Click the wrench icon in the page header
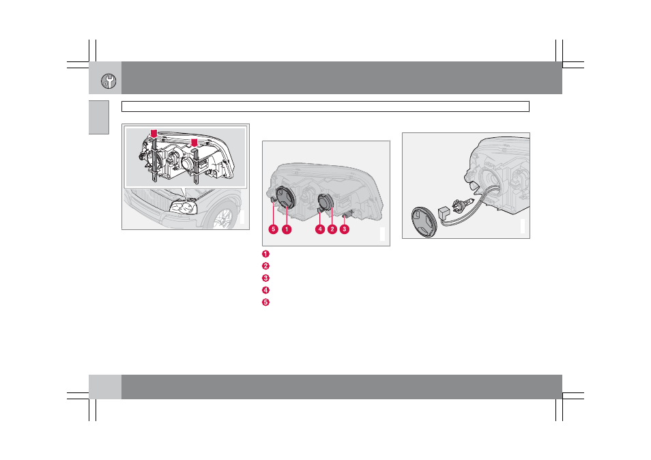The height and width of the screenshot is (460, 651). [x=108, y=81]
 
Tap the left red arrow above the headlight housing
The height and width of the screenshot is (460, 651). [x=154, y=134]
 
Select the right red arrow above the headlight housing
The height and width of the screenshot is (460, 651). [x=194, y=143]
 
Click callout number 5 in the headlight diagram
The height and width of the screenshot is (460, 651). [x=273, y=229]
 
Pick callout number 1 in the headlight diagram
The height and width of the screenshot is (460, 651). [x=287, y=229]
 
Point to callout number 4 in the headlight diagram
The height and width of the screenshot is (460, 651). [x=319, y=229]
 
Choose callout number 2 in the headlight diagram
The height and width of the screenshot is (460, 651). [x=332, y=229]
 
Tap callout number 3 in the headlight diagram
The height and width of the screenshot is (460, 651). [x=345, y=229]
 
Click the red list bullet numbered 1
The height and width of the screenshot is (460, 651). [x=265, y=254]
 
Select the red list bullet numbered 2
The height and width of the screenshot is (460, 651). [x=265, y=266]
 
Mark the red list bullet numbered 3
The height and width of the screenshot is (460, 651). [x=265, y=278]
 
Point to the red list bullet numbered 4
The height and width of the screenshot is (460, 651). [x=265, y=290]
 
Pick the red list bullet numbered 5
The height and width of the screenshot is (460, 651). [x=265, y=302]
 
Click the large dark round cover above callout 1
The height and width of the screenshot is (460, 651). [x=285, y=197]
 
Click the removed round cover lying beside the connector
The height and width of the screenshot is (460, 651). [x=424, y=222]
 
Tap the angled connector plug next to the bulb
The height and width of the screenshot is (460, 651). [x=444, y=212]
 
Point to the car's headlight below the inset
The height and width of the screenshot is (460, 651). [x=183, y=207]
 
